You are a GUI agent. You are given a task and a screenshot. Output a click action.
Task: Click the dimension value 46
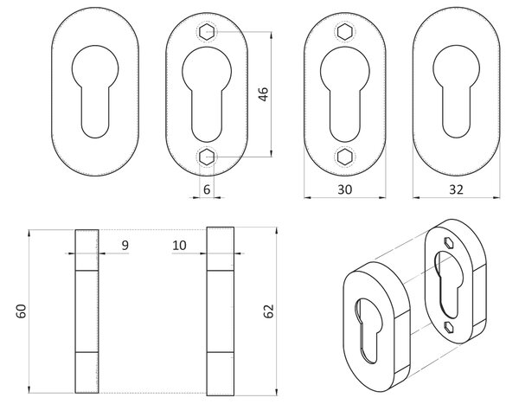click(x=264, y=94)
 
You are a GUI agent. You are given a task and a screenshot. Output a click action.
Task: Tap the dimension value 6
click(x=207, y=189)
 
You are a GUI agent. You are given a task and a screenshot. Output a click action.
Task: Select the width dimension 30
click(x=345, y=189)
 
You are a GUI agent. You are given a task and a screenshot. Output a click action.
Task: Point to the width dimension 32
click(x=457, y=189)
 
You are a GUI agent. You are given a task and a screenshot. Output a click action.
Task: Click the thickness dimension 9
click(x=125, y=246)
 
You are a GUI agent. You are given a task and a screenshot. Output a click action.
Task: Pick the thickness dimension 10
click(x=179, y=246)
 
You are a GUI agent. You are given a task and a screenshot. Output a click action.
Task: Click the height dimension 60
click(x=21, y=311)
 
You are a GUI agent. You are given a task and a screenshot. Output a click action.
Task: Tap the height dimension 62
click(x=269, y=311)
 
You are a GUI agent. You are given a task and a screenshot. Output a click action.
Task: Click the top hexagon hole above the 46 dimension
click(x=208, y=32)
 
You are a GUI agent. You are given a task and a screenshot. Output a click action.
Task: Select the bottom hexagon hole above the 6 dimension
click(x=208, y=157)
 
